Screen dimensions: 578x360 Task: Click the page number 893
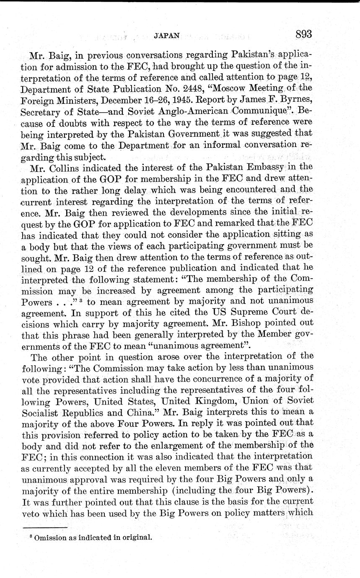[x=303, y=34]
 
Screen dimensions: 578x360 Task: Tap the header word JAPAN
[x=167, y=36]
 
